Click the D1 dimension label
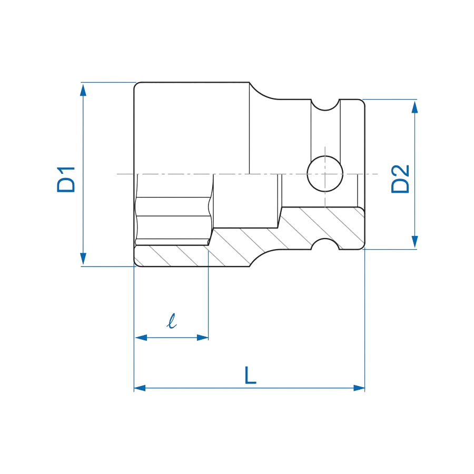[66, 180]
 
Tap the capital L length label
[250, 375]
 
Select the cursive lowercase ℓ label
[172, 321]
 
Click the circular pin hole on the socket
[325, 174]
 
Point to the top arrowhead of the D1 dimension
[83, 90]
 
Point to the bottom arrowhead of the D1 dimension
[83, 259]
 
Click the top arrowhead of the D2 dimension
[415, 107]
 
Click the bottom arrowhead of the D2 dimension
[415, 242]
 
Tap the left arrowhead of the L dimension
[140, 388]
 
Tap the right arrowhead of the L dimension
[359, 388]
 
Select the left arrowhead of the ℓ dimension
[141, 338]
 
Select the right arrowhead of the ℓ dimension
[203, 338]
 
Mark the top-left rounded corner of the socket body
[136, 84]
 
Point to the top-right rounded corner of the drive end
[363, 102]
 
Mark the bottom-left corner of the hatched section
[136, 264]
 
